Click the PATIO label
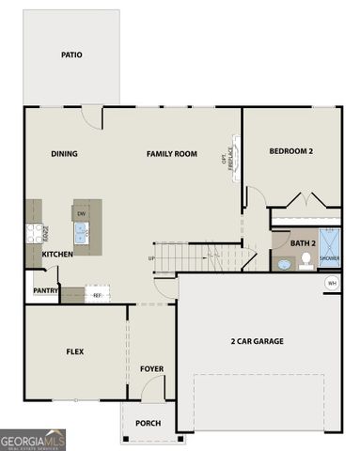(71, 54)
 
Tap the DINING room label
(65, 154)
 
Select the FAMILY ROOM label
(171, 154)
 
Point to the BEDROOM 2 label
(290, 151)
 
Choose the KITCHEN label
(57, 255)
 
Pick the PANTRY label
(46, 290)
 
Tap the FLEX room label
(75, 351)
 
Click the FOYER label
(152, 368)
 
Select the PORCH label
(148, 423)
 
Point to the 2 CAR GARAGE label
(258, 341)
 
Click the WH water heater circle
(332, 283)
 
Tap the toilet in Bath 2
(305, 261)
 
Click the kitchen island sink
(82, 233)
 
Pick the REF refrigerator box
(97, 295)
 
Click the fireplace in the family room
(234, 159)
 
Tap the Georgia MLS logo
(33, 439)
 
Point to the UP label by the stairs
(151, 257)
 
